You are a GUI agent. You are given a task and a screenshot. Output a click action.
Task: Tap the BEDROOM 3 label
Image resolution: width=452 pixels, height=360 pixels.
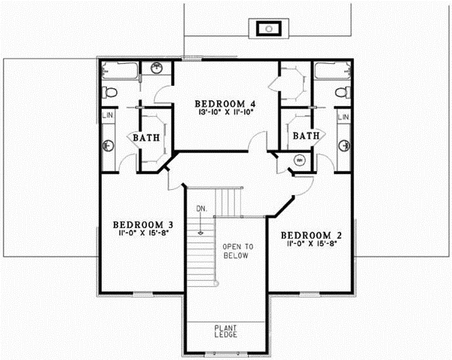pos(144,224)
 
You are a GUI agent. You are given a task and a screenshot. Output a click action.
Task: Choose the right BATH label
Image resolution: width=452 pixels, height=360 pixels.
pos(306,136)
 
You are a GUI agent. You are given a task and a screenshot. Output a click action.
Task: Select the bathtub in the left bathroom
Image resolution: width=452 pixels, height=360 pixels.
pos(120,72)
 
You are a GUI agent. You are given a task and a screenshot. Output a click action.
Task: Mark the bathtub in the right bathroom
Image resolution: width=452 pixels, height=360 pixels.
pos(332,72)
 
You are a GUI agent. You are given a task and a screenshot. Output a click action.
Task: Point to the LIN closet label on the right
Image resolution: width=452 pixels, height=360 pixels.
pos(344,117)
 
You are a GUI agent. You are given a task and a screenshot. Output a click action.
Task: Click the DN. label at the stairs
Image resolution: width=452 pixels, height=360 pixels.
pos(201,209)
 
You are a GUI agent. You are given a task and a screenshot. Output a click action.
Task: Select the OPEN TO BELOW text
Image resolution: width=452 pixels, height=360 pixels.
pos(238,252)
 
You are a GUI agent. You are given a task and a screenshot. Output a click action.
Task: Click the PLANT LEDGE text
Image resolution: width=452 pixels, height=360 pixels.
pos(226,332)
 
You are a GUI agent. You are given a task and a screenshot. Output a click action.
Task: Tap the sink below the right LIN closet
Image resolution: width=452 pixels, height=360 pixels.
pos(344,142)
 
